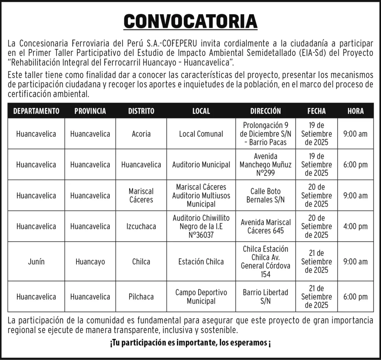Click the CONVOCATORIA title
click(x=190, y=22)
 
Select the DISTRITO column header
click(x=141, y=111)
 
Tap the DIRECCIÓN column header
click(x=265, y=111)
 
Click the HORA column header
click(x=355, y=111)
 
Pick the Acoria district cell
click(x=141, y=134)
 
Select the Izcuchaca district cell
click(x=141, y=226)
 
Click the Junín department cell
click(x=36, y=261)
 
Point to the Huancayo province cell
click(x=90, y=261)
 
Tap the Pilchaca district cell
click(x=141, y=297)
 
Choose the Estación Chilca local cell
click(x=201, y=261)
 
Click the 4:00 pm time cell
click(x=355, y=226)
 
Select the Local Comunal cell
click(x=201, y=134)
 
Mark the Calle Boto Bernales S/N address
click(x=265, y=195)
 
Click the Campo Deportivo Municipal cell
click(x=201, y=297)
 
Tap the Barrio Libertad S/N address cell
click(x=265, y=297)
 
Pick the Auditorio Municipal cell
click(x=201, y=165)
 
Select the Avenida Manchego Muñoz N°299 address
click(x=265, y=165)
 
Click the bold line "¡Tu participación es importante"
click(x=190, y=343)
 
